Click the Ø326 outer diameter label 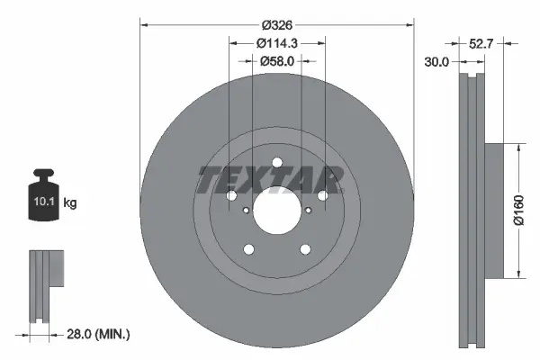276,24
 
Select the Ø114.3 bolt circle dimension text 276,42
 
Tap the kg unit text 70,203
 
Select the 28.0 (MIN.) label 100,334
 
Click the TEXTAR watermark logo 270,181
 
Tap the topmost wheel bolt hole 276,164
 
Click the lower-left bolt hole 248,250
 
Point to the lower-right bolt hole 305,250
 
